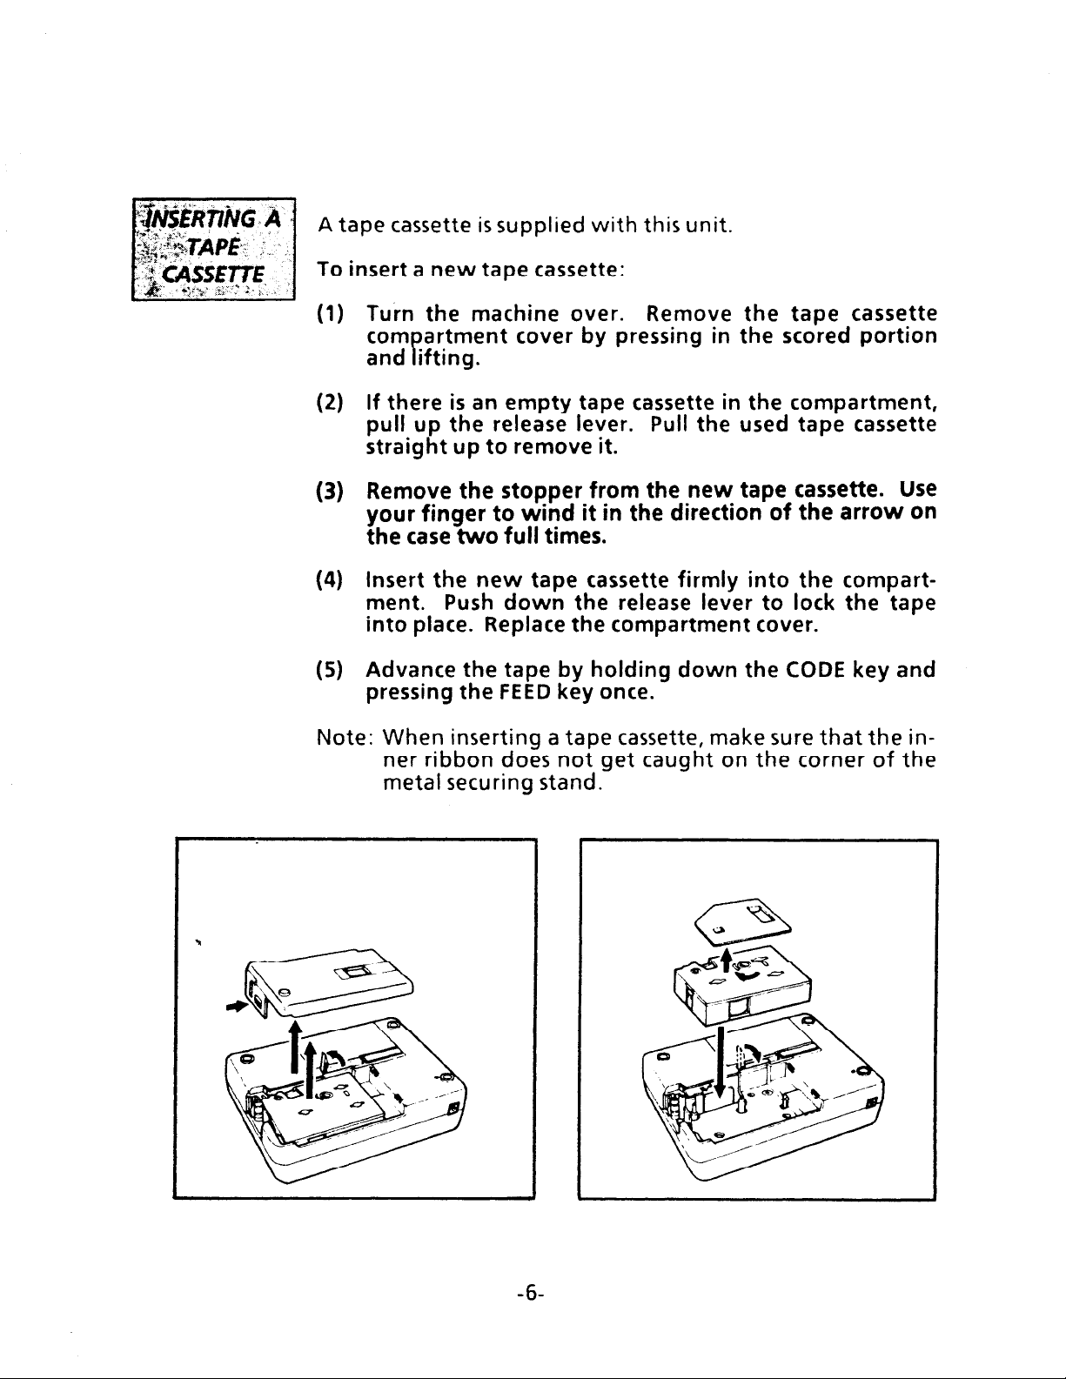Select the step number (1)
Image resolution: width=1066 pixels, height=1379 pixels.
pos(330,314)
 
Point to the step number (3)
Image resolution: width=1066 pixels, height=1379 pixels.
pos(330,491)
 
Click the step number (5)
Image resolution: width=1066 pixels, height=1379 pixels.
pos(330,670)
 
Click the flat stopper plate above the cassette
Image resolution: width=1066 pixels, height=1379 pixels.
pos(743,921)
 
